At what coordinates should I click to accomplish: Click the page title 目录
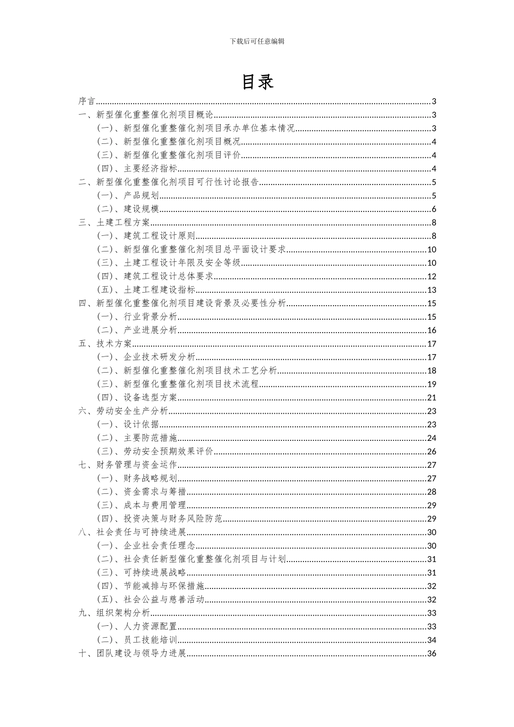coord(257,82)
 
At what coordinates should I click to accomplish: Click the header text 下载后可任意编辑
coord(257,41)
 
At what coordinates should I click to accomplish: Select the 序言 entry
coord(87,101)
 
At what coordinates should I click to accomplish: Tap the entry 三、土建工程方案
coord(114,222)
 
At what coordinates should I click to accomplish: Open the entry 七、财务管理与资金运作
coord(128,465)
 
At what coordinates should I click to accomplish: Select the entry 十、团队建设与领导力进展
coord(132,653)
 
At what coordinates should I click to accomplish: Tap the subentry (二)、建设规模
coord(128,209)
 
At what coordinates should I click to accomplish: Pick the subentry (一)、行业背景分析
coord(137,317)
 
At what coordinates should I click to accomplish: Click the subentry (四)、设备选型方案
coord(137,398)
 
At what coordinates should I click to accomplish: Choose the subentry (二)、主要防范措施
coord(137,438)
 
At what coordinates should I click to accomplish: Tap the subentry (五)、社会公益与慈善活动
coord(150,599)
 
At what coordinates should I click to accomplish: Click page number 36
coord(432,653)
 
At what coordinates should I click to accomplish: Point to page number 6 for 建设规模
coord(434,209)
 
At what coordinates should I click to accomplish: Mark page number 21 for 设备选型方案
coord(432,398)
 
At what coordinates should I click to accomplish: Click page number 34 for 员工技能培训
coord(432,640)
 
